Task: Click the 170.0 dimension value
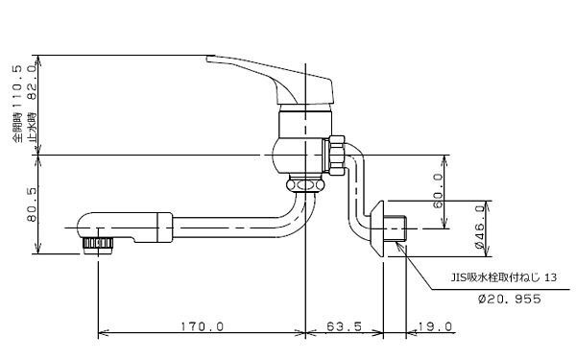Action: [x=202, y=326]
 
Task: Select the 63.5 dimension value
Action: [x=344, y=326]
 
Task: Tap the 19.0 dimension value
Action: [x=435, y=326]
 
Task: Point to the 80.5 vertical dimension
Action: [x=32, y=204]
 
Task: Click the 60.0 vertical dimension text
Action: [x=438, y=191]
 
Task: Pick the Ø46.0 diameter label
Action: [x=480, y=227]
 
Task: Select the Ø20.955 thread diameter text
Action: [x=510, y=299]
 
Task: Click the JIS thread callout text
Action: [x=504, y=277]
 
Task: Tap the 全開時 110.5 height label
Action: [x=17, y=104]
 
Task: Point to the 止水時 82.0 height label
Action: [x=32, y=104]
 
